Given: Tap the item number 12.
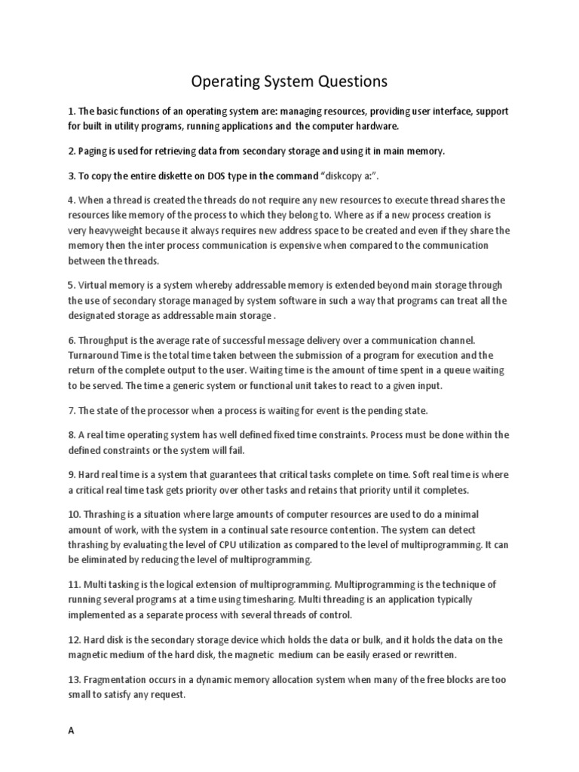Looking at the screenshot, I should coord(73,639).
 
